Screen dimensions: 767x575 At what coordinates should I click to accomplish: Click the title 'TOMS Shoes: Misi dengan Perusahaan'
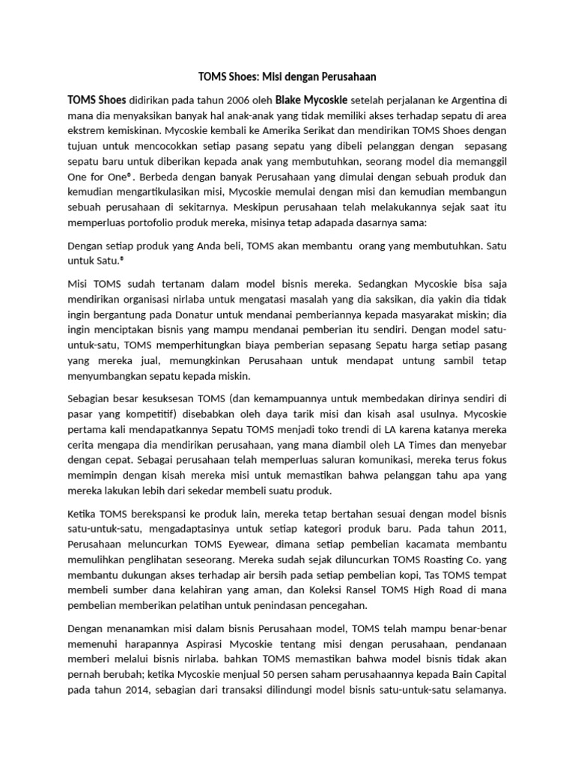pos(287,76)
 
